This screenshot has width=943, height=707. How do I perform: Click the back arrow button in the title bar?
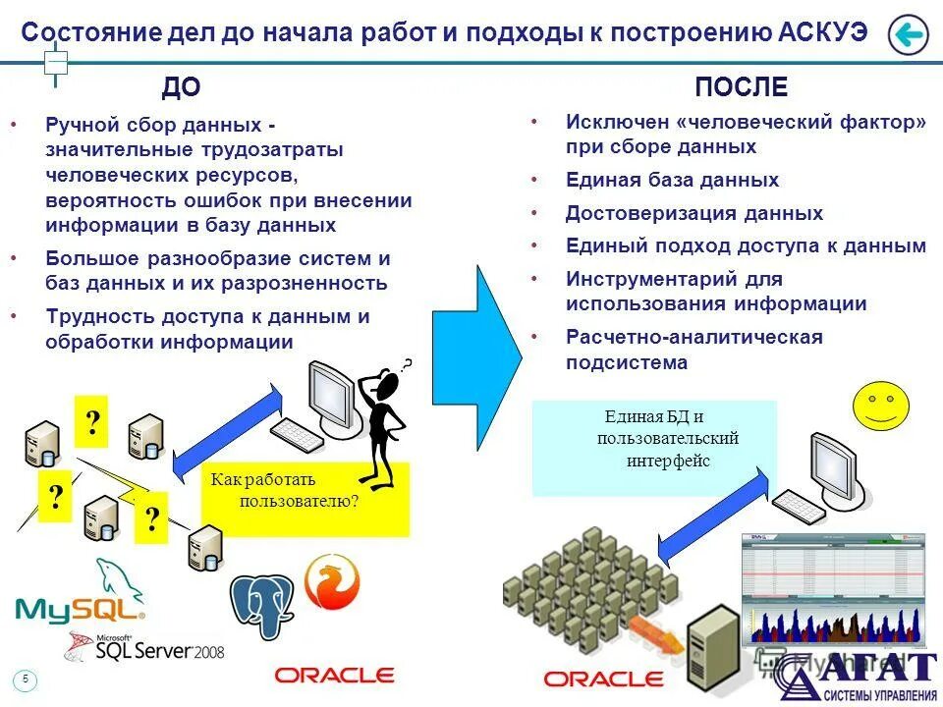point(908,35)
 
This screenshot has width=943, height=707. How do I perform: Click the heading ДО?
point(181,88)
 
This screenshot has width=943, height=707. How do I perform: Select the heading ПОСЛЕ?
point(741,88)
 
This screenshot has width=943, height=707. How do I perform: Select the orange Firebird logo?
point(332,582)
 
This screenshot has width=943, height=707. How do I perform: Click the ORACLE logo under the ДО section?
point(334,676)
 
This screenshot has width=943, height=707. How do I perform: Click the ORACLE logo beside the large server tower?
point(603,678)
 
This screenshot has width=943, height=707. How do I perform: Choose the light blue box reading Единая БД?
point(654,447)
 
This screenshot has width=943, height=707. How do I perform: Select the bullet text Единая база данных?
point(672,181)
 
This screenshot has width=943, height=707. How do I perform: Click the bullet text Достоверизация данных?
point(693,213)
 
